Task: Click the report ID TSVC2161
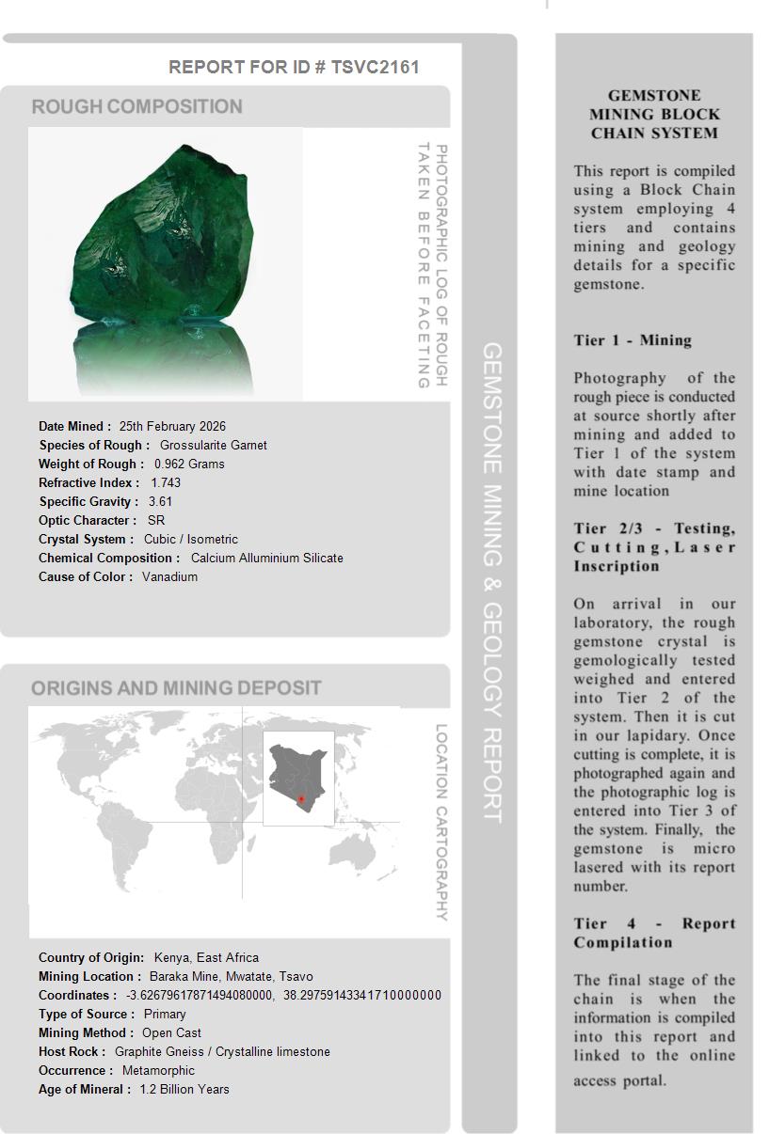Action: [375, 67]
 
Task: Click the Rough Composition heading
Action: [136, 106]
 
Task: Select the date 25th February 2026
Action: [172, 426]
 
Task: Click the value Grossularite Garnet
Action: [213, 445]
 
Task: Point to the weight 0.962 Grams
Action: [189, 464]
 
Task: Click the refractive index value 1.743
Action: [166, 482]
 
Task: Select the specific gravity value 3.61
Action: [160, 501]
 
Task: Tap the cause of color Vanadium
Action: [169, 576]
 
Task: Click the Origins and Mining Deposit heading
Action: [176, 687]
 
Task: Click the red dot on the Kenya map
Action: [301, 799]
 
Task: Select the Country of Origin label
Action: [91, 957]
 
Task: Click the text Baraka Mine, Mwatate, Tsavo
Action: [232, 976]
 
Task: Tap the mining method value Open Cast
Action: [171, 1032]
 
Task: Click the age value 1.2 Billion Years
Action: [184, 1089]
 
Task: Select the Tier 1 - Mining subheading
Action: [633, 340]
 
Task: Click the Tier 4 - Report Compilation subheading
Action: [654, 933]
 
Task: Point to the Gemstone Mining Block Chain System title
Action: [654, 114]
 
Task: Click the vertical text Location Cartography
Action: [441, 822]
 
